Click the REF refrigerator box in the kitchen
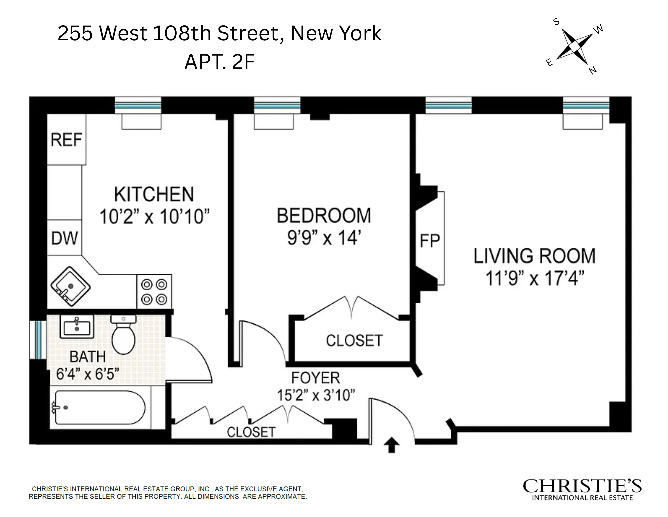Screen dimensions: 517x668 coord(66,140)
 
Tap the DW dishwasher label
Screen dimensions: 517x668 coord(65,238)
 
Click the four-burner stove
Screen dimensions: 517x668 coord(154,292)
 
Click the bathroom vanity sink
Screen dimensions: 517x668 coord(77,326)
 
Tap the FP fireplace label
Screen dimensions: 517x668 coord(430,241)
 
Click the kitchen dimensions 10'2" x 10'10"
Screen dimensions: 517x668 coord(154,217)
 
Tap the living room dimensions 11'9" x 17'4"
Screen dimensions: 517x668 coord(535,278)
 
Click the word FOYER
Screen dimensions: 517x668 coord(315,378)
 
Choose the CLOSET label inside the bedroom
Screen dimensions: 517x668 coord(354,340)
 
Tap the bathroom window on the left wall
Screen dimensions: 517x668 coord(38,340)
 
